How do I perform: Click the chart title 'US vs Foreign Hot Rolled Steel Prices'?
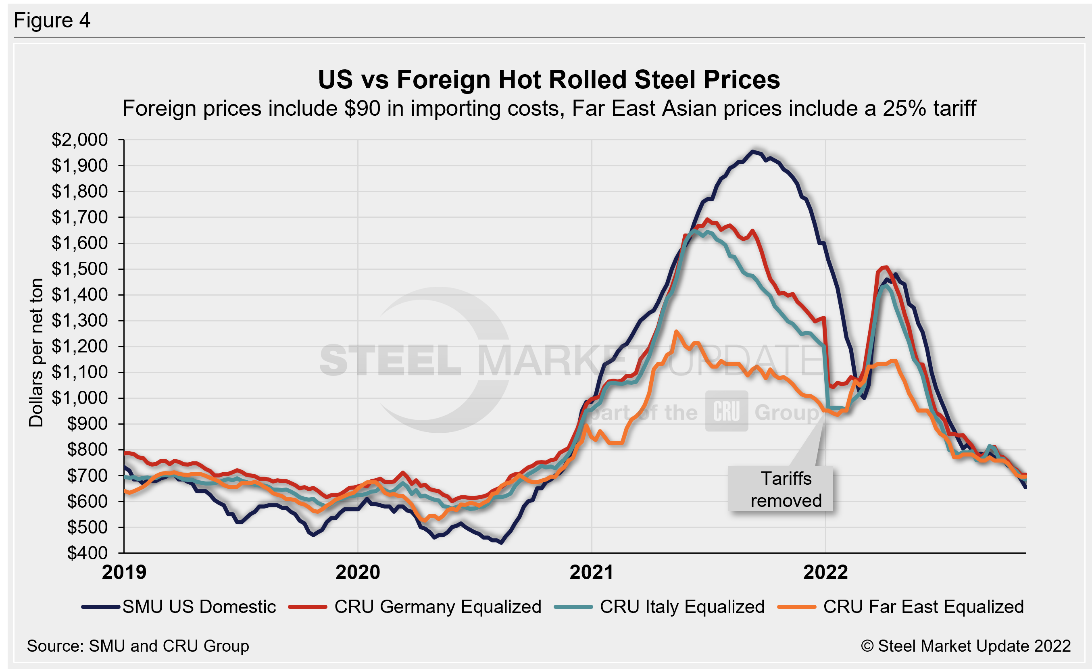[x=549, y=80]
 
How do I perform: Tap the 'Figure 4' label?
[x=52, y=21]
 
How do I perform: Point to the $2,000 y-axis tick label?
[x=80, y=140]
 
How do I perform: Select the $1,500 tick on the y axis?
[x=80, y=269]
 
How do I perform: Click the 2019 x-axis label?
[x=124, y=572]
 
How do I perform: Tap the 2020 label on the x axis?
[x=358, y=572]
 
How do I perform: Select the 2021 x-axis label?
[x=591, y=572]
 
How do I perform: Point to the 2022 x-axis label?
[x=825, y=572]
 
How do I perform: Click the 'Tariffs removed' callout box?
[x=780, y=489]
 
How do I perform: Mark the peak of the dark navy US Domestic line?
[x=752, y=152]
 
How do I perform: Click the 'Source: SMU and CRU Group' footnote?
[x=138, y=646]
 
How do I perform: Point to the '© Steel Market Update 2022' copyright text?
[x=966, y=646]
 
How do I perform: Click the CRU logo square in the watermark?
[x=726, y=411]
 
